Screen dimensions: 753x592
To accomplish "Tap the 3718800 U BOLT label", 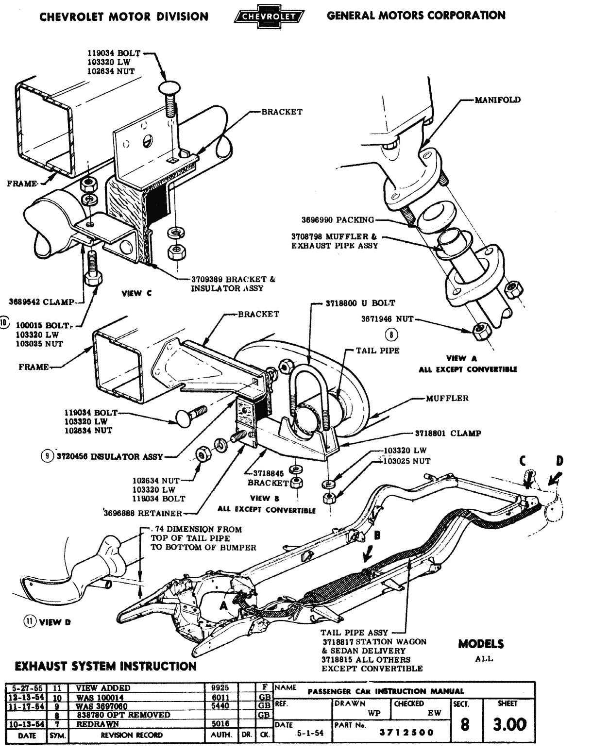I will pyautogui.click(x=360, y=303).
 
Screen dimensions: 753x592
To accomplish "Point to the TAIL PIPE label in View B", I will pyautogui.click(x=377, y=351).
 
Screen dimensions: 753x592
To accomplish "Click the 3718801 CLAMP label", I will pyautogui.click(x=447, y=433).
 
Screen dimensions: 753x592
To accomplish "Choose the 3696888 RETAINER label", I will pyautogui.click(x=143, y=513).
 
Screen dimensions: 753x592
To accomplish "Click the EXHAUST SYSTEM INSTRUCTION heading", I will pyautogui.click(x=106, y=666).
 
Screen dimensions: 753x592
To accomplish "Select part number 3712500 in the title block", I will pyautogui.click(x=406, y=733).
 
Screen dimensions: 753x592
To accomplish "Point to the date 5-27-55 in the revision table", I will pyautogui.click(x=26, y=688).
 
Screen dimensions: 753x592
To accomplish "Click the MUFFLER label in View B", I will pyautogui.click(x=447, y=398).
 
